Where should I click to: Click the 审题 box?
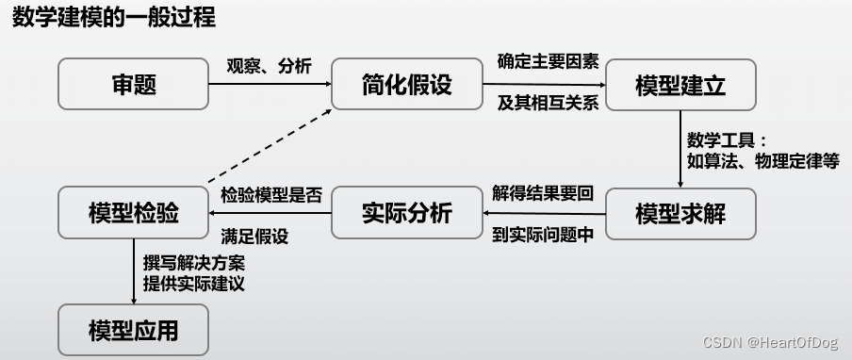(133, 85)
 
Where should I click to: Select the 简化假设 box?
(407, 85)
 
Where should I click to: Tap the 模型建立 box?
(681, 85)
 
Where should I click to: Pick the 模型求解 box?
(681, 213)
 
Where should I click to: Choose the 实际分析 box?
(407, 213)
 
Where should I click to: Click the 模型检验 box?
(133, 213)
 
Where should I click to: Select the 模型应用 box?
(133, 330)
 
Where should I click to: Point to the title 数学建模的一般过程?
(113, 18)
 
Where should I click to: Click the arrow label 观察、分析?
(269, 67)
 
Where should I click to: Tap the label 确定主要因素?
(545, 64)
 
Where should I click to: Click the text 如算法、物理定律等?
(762, 160)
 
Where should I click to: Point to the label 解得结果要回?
(543, 194)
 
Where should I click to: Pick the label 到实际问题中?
(543, 235)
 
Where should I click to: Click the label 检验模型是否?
(271, 195)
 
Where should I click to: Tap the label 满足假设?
(254, 235)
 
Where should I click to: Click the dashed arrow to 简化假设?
(269, 143)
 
